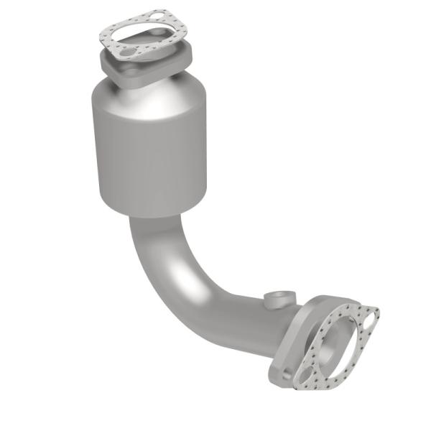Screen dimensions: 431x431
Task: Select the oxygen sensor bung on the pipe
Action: coord(278,299)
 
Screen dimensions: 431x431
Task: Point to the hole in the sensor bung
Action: coord(282,295)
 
